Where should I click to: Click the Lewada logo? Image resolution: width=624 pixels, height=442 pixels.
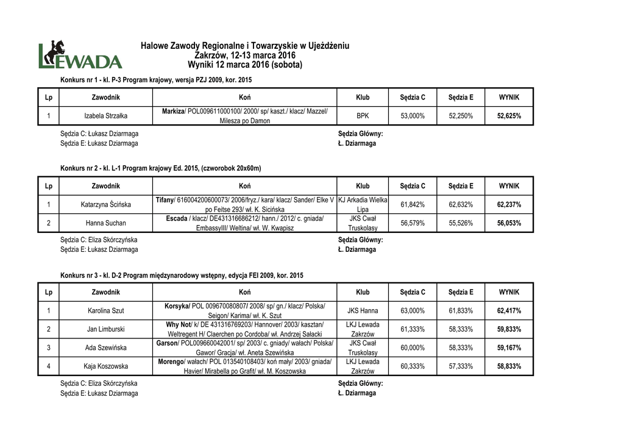coord(80,55)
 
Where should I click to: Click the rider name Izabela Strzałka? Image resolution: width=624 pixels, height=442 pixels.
coord(106,116)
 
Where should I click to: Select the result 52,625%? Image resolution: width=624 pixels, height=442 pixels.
coord(509,116)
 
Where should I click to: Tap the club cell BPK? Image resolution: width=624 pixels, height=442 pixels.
coord(363,116)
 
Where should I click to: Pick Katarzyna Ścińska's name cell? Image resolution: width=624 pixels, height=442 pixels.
coord(106,204)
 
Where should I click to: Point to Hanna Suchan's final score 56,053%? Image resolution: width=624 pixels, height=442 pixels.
coord(509,223)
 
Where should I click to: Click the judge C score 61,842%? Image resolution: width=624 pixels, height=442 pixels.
coord(413,204)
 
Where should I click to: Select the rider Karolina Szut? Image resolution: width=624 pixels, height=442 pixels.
coord(106,311)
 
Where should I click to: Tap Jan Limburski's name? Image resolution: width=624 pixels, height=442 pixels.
coord(106,329)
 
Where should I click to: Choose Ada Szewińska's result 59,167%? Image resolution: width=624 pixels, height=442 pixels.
coord(509,348)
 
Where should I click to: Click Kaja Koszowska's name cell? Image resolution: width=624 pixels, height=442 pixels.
coord(106,366)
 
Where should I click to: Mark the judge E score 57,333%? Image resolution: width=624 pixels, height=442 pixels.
coord(461,366)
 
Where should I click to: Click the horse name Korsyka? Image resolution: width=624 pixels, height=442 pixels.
coord(177,306)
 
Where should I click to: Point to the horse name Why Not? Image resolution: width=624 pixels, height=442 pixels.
coord(179,324)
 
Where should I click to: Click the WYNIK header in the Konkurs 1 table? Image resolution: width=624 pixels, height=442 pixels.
coord(509,98)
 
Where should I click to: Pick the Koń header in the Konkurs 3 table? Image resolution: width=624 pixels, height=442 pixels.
coord(245,293)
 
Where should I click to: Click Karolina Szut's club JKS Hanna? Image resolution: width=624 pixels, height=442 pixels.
coord(363,311)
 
